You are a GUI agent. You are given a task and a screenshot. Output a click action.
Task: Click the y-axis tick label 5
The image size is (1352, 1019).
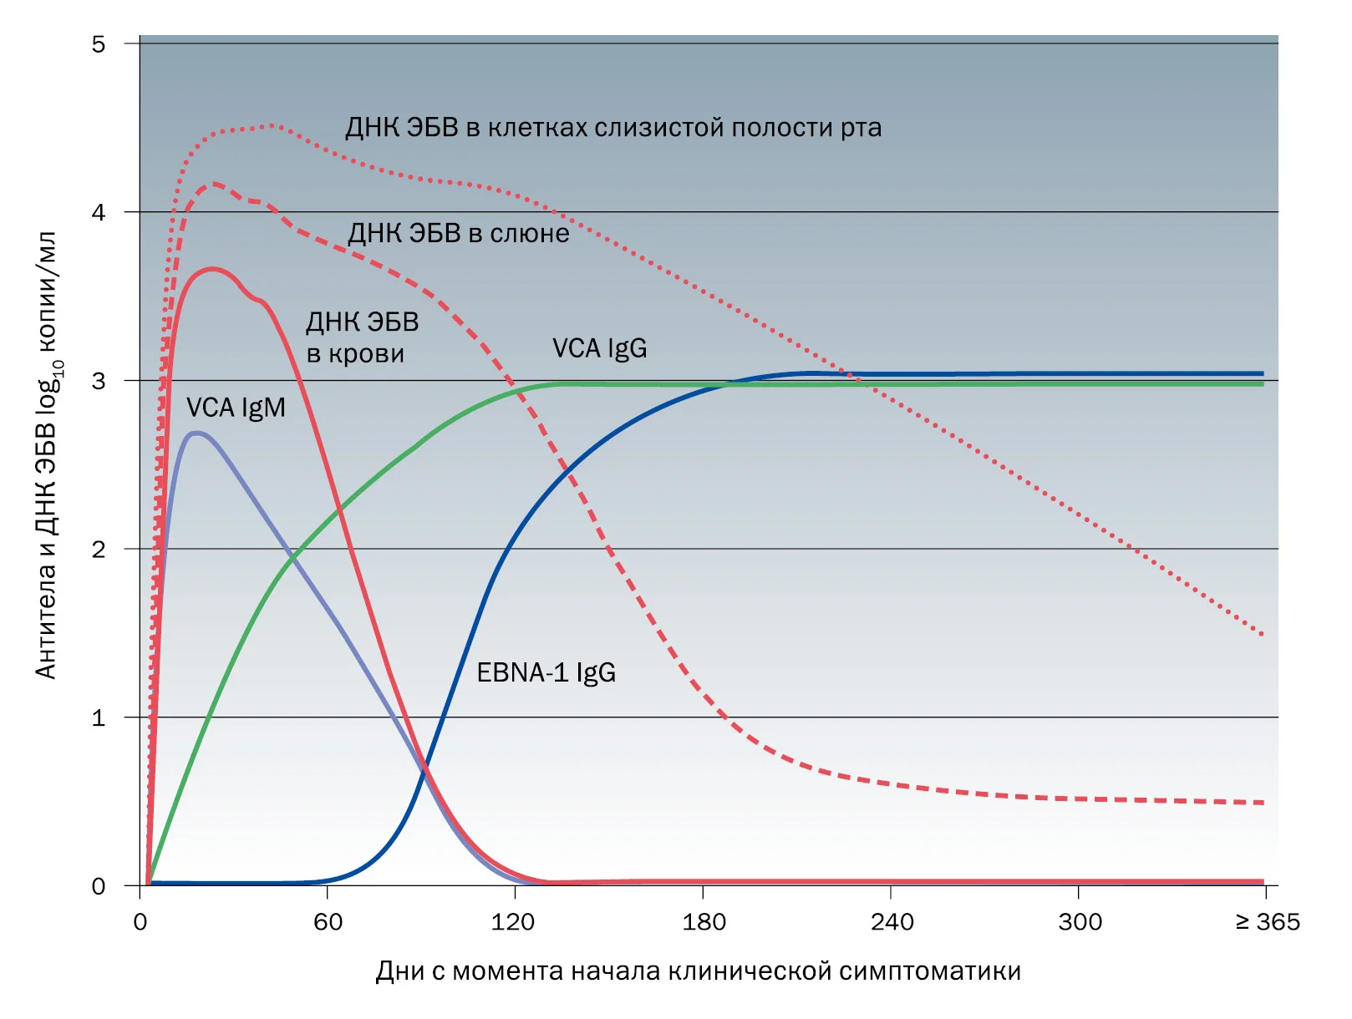(x=99, y=44)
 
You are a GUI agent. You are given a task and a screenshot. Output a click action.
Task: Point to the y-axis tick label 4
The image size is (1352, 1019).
(x=99, y=212)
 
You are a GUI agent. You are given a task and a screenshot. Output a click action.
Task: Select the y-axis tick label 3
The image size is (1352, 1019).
(x=99, y=381)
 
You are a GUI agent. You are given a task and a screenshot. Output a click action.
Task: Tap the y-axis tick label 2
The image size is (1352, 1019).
(x=99, y=550)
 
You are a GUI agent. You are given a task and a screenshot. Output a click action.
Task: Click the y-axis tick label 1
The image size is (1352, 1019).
(x=99, y=718)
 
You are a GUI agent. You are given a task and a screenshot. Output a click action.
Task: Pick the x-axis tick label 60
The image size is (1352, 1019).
(x=328, y=922)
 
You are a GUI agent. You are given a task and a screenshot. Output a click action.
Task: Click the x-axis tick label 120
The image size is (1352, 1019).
(x=513, y=922)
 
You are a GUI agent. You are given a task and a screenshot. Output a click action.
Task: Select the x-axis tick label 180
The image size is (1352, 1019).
(x=704, y=922)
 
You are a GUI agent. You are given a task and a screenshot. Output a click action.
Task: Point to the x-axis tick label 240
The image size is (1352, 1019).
(x=892, y=922)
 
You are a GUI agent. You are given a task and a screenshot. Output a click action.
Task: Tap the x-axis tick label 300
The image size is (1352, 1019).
(x=1080, y=922)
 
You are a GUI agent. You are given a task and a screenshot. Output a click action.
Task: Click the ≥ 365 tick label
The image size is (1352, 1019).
(x=1268, y=922)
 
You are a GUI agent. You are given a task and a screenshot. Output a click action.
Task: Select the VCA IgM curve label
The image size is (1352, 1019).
(x=236, y=408)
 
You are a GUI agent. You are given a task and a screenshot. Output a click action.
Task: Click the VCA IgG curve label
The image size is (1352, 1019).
(x=600, y=348)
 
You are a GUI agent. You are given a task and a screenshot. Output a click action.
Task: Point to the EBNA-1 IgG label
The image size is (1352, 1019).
(x=546, y=672)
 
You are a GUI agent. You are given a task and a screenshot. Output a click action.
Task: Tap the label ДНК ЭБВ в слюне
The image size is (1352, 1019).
(x=458, y=233)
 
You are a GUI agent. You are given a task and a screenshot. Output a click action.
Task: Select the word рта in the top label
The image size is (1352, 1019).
(x=862, y=129)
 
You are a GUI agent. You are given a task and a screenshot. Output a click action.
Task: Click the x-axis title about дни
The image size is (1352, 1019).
(x=698, y=971)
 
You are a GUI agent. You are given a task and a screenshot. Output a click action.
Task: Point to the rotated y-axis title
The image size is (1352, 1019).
(x=46, y=455)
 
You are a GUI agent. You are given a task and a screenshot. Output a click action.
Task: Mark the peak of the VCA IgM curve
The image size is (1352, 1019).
(x=196, y=433)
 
